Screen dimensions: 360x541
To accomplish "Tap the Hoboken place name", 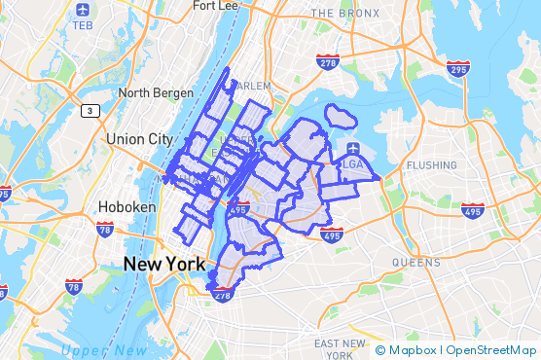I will [122, 207].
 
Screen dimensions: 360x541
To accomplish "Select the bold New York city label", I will [163, 264].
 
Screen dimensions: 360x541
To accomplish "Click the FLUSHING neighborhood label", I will [431, 165].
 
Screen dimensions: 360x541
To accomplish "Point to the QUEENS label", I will [417, 263].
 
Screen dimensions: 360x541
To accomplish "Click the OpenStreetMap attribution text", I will [490, 350].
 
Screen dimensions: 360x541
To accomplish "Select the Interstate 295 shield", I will [458, 68].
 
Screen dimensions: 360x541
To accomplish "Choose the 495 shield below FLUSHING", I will [473, 210].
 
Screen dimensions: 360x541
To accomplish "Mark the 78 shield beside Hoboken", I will [104, 230].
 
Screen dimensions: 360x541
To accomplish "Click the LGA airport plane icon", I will [351, 149].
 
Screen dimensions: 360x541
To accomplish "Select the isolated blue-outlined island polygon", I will [341, 116].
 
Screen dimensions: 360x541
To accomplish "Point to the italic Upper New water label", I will [104, 350].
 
